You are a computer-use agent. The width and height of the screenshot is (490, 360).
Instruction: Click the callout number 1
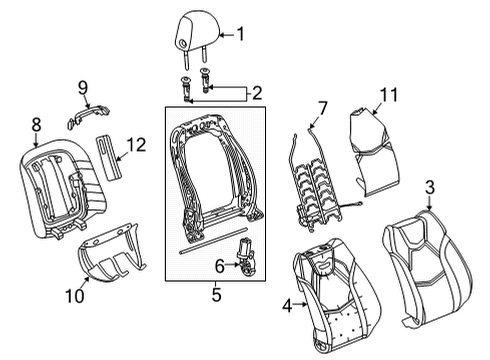coord(239,35)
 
